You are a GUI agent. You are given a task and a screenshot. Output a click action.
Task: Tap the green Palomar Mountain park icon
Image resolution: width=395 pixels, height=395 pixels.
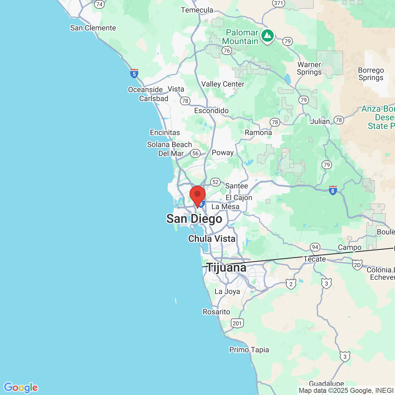click(268, 36)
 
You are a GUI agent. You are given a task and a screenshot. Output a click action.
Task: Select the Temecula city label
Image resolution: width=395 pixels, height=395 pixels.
click(197, 10)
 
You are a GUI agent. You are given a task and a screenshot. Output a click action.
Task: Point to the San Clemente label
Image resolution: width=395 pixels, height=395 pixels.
click(93, 28)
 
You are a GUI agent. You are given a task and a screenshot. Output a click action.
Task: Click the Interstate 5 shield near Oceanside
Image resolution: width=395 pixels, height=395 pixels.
click(134, 74)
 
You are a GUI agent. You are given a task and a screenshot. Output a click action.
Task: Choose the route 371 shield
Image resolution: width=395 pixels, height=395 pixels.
click(278, 3)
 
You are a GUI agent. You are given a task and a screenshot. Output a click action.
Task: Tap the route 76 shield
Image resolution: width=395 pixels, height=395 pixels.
click(227, 51)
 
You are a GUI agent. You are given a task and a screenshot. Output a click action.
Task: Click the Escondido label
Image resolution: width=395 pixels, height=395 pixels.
click(211, 111)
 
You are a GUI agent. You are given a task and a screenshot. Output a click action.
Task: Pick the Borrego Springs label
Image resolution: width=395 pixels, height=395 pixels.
click(371, 74)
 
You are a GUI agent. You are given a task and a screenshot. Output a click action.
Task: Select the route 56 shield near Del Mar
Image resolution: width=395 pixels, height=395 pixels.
click(195, 153)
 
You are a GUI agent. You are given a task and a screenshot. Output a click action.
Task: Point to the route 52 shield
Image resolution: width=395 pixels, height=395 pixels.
click(215, 182)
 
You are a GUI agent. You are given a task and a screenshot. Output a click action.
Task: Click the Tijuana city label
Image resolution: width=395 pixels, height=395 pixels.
click(227, 268)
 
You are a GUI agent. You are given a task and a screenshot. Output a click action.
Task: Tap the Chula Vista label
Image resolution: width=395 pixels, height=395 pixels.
click(212, 239)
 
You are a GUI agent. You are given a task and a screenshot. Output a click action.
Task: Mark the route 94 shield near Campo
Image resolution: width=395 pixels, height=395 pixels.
click(315, 247)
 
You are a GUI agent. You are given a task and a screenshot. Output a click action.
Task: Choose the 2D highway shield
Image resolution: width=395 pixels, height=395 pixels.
click(357, 265)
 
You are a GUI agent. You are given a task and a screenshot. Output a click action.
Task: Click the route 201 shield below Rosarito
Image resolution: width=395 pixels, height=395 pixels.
click(237, 323)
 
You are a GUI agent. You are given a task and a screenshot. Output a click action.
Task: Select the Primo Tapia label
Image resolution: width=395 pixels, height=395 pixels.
click(249, 350)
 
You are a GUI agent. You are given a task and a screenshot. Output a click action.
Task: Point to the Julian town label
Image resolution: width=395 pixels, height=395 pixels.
click(320, 122)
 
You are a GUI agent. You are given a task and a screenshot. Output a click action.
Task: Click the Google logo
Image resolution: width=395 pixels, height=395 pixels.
click(21, 388)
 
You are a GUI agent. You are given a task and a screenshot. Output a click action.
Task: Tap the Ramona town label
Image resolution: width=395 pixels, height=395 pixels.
click(258, 133)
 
